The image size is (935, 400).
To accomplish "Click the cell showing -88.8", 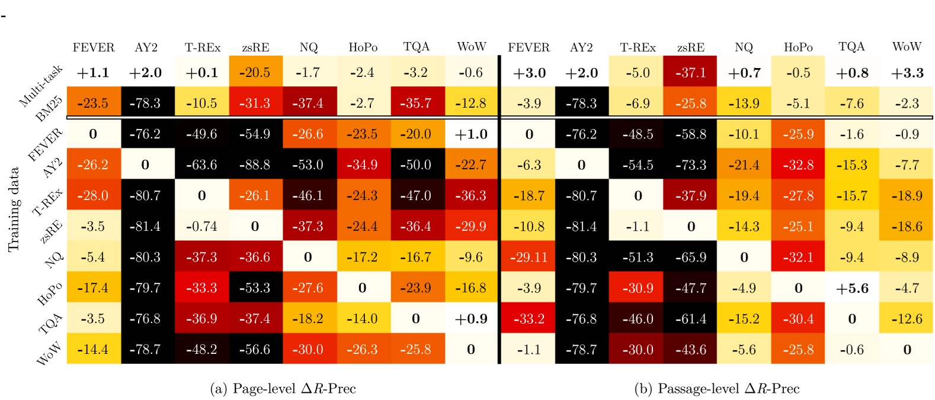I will tap(255, 165).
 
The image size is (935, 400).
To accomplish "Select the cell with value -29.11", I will tap(529, 257).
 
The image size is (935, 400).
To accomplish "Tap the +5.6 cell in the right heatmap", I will tap(851, 288).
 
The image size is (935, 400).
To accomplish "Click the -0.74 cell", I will tap(201, 227).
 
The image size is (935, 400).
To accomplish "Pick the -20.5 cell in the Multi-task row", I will tap(255, 73).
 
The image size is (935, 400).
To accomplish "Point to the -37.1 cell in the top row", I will tap(690, 73).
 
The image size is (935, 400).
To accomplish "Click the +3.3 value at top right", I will tap(907, 73).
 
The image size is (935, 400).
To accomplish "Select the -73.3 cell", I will tap(690, 165).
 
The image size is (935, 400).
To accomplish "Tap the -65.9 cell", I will tap(690, 257).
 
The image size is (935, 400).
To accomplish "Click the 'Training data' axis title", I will tap(14, 210).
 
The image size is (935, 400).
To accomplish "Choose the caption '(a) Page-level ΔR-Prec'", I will tap(283, 389).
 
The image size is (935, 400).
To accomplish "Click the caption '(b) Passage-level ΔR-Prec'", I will tap(716, 389).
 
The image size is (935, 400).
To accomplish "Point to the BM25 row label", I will tap(49, 109).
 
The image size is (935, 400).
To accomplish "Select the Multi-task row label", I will tap(40, 86).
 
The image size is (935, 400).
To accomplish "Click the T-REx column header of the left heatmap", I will tap(202, 47).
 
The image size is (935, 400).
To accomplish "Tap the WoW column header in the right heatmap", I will tap(907, 47).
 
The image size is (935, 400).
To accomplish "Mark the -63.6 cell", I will tap(201, 165).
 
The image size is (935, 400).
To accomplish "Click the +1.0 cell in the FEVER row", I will tap(471, 134).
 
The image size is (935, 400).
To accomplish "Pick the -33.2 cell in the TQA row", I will tap(529, 319).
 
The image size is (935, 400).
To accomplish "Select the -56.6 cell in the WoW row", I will tap(255, 350).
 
